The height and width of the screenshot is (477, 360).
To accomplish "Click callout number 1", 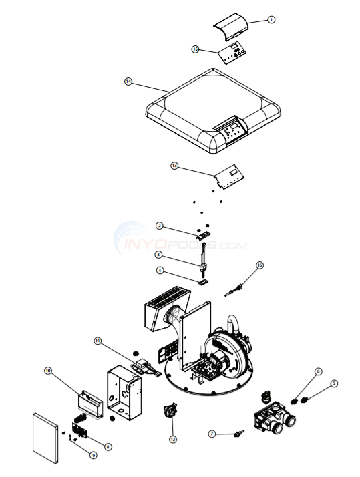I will click(x=271, y=20).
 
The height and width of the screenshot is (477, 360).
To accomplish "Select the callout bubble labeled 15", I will click(x=195, y=49).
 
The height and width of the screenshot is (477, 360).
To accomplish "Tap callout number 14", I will click(x=128, y=82).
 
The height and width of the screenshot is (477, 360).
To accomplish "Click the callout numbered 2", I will click(x=160, y=225).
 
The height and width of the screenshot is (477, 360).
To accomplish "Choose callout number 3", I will click(x=159, y=255).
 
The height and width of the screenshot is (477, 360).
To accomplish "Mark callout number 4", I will click(x=160, y=271).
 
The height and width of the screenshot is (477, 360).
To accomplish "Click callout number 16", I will click(x=260, y=265).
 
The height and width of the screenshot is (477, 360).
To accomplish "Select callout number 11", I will click(x=98, y=341).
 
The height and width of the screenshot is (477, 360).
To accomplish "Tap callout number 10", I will click(x=48, y=370).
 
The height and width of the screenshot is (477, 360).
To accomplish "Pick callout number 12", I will click(x=173, y=439).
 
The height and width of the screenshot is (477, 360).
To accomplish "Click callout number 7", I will click(x=212, y=434).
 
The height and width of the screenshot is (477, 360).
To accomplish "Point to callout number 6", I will click(x=318, y=371).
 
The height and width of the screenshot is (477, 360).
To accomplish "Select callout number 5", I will click(x=334, y=383).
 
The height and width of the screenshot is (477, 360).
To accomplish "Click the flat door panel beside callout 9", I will click(x=45, y=438).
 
